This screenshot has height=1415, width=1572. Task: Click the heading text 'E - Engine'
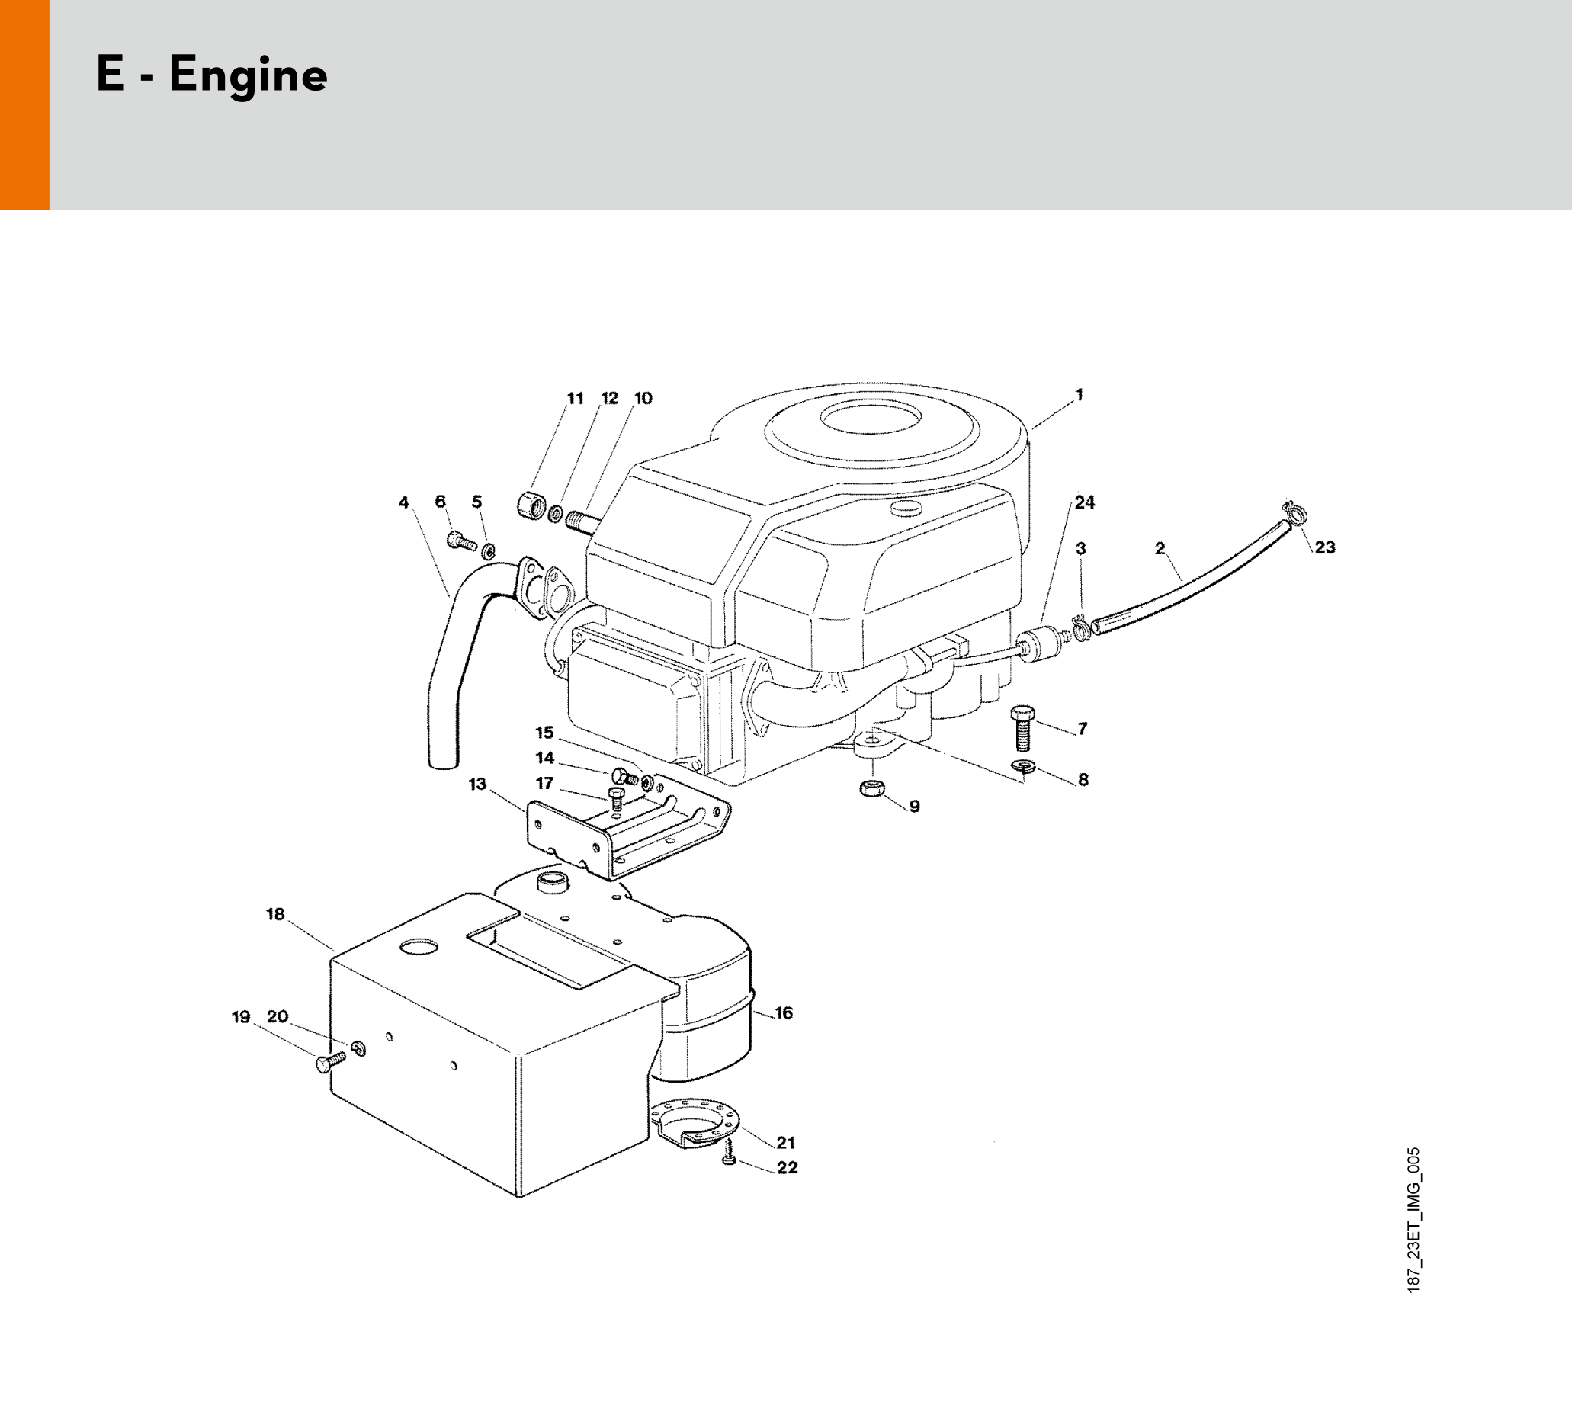211,76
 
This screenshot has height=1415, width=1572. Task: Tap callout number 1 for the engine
1079,395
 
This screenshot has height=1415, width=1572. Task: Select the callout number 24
1085,502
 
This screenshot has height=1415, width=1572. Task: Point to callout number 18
275,914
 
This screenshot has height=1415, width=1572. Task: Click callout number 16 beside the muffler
784,1013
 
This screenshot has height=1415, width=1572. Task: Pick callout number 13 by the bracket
476,784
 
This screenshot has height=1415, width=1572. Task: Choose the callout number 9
914,807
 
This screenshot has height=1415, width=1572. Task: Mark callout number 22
787,1168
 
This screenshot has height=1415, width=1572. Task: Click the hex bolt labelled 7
1023,730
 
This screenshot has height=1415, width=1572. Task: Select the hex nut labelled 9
871,788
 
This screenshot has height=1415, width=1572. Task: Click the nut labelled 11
529,505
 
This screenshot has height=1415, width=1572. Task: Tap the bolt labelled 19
329,1060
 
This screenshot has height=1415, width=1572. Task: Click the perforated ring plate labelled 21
696,1124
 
